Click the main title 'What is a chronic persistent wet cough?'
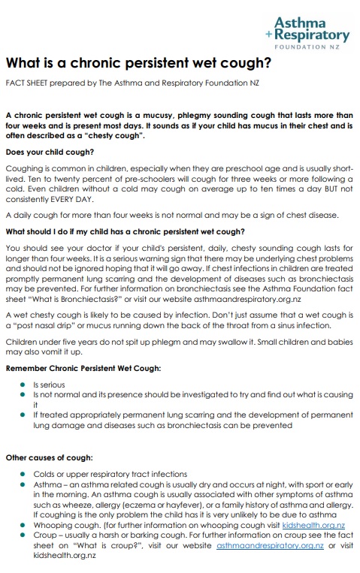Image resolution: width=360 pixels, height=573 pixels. (x=138, y=64)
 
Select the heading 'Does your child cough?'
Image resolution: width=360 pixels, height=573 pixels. (x=50, y=152)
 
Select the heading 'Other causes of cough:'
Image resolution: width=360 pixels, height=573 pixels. (x=50, y=457)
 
